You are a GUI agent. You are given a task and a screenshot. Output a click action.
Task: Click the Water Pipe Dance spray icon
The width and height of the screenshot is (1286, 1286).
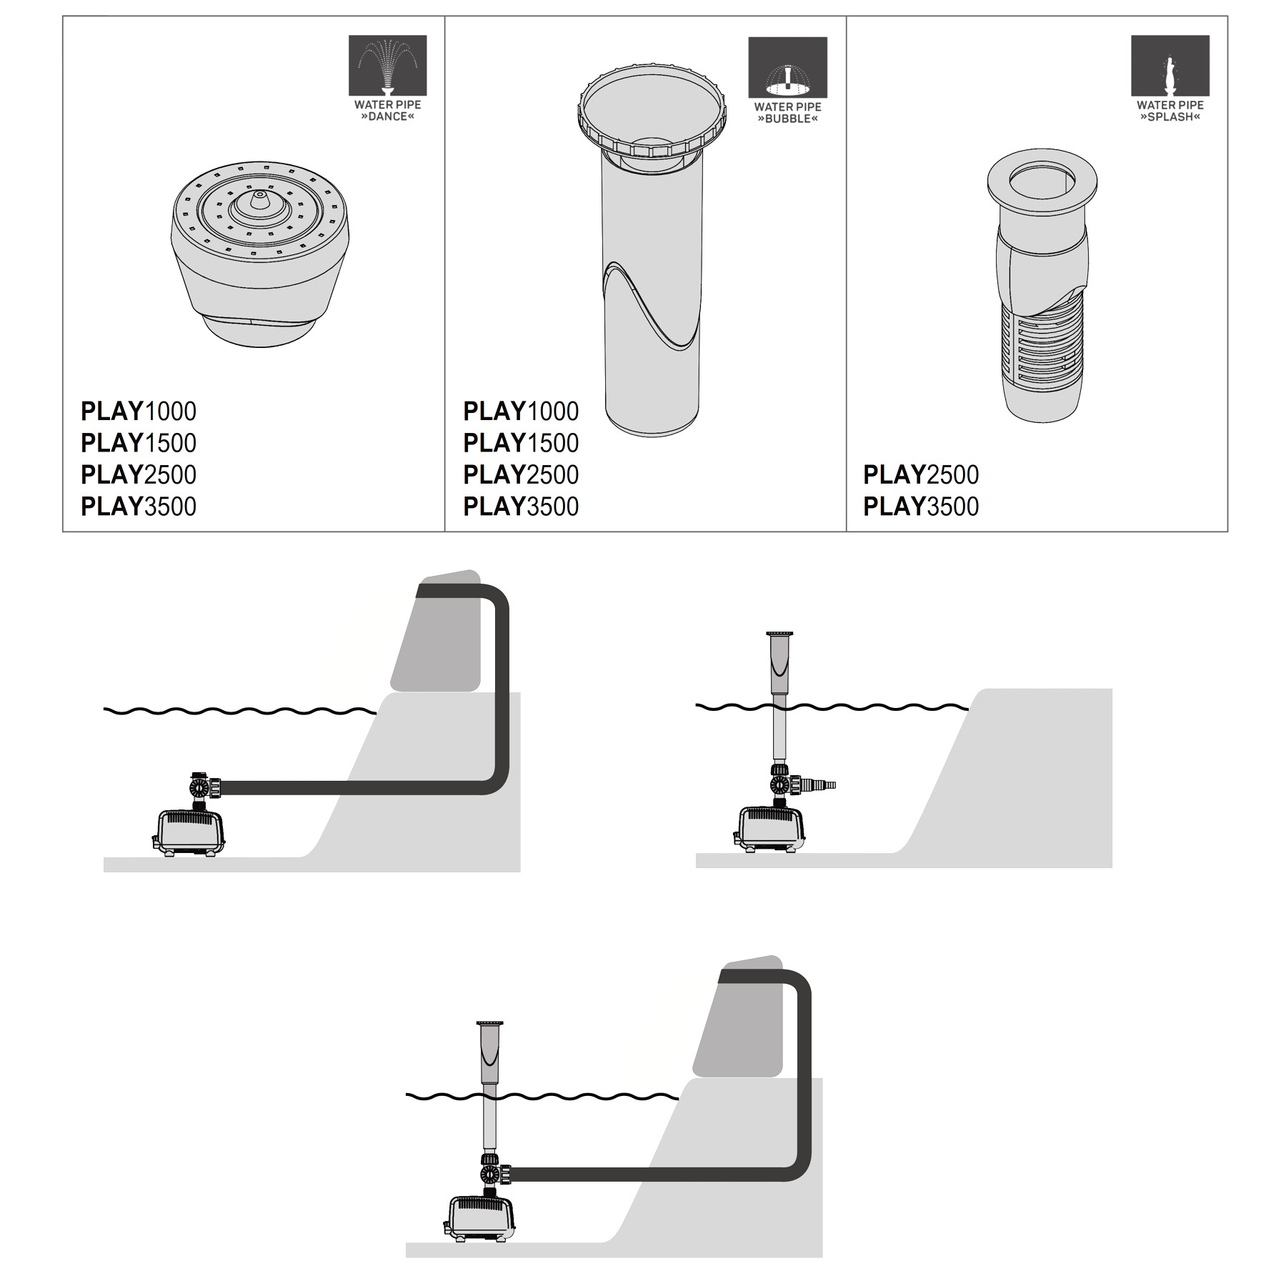[387, 65]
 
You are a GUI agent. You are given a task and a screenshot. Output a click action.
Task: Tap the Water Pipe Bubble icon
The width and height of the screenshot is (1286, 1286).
[787, 67]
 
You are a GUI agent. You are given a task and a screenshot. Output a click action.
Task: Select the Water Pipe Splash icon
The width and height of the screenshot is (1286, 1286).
[1170, 65]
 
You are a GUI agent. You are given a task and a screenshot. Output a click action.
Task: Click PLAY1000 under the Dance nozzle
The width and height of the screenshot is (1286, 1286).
[139, 412]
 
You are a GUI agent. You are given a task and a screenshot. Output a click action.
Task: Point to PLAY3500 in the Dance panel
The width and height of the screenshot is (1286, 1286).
[139, 507]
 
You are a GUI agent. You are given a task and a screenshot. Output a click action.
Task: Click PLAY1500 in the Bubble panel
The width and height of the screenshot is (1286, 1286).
[521, 443]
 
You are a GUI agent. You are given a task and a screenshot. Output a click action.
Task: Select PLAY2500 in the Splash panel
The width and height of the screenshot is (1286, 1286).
[921, 475]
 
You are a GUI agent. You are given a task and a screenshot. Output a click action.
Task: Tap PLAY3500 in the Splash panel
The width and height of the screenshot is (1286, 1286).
[921, 507]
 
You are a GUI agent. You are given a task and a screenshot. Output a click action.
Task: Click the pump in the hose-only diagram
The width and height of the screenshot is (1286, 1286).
[189, 832]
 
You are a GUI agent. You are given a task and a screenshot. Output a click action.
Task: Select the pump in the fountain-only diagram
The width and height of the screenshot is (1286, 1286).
[770, 829]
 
